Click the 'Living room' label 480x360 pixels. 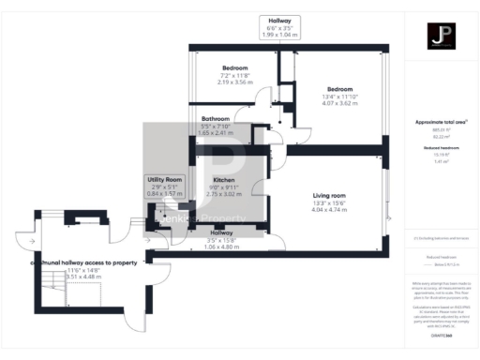pos(329,195)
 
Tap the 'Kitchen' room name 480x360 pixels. pos(223,179)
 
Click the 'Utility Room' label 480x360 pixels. pos(162,178)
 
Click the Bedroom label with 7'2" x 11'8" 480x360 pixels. pos(235,68)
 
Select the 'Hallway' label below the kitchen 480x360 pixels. pos(222,232)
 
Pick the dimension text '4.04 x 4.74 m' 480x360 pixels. pos(329,211)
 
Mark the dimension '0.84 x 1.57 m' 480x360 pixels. pos(162,192)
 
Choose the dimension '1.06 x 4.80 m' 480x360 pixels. pos(222,247)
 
